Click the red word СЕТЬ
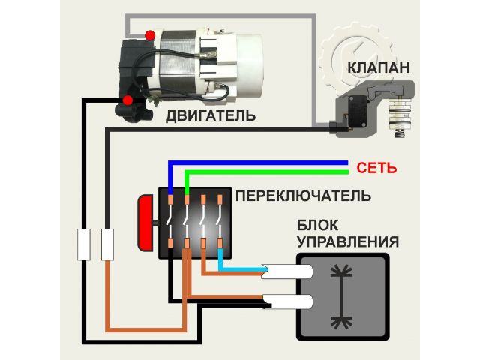376,166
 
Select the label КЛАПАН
378,68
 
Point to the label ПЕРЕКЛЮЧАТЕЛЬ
302,196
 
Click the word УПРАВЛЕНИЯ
347,242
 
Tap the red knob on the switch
145,223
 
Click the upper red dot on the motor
151,35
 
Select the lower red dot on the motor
127,100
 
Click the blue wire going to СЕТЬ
262,162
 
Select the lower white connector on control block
286,301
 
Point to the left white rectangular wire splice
84,244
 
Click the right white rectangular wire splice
107,244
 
